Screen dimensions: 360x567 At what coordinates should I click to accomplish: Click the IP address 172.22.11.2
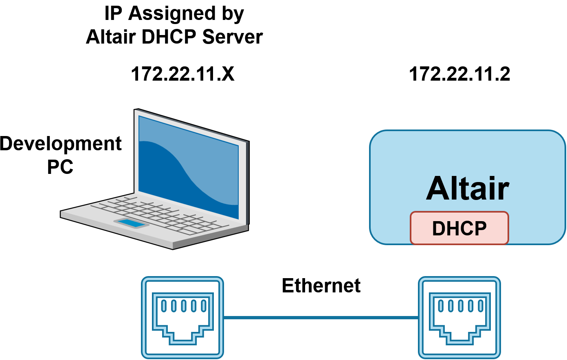459,75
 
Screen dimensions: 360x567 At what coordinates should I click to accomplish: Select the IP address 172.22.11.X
182,75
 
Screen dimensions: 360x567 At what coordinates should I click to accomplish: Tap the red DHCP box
459,228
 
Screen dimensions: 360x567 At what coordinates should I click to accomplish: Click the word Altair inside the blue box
467,189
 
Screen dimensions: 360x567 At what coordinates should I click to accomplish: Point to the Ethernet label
321,285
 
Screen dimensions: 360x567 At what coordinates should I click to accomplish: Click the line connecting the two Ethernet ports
321,317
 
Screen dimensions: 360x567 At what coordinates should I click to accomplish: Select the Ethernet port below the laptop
182,318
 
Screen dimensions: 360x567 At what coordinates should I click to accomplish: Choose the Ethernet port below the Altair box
459,318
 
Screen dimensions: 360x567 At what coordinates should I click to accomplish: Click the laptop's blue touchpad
131,223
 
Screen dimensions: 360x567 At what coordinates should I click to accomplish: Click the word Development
60,144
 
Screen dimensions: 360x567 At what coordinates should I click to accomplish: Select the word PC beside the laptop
60,167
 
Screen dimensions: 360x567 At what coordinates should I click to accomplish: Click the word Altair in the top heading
110,37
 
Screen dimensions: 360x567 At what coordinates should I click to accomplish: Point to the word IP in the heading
113,13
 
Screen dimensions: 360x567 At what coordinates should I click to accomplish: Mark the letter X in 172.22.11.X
228,75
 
